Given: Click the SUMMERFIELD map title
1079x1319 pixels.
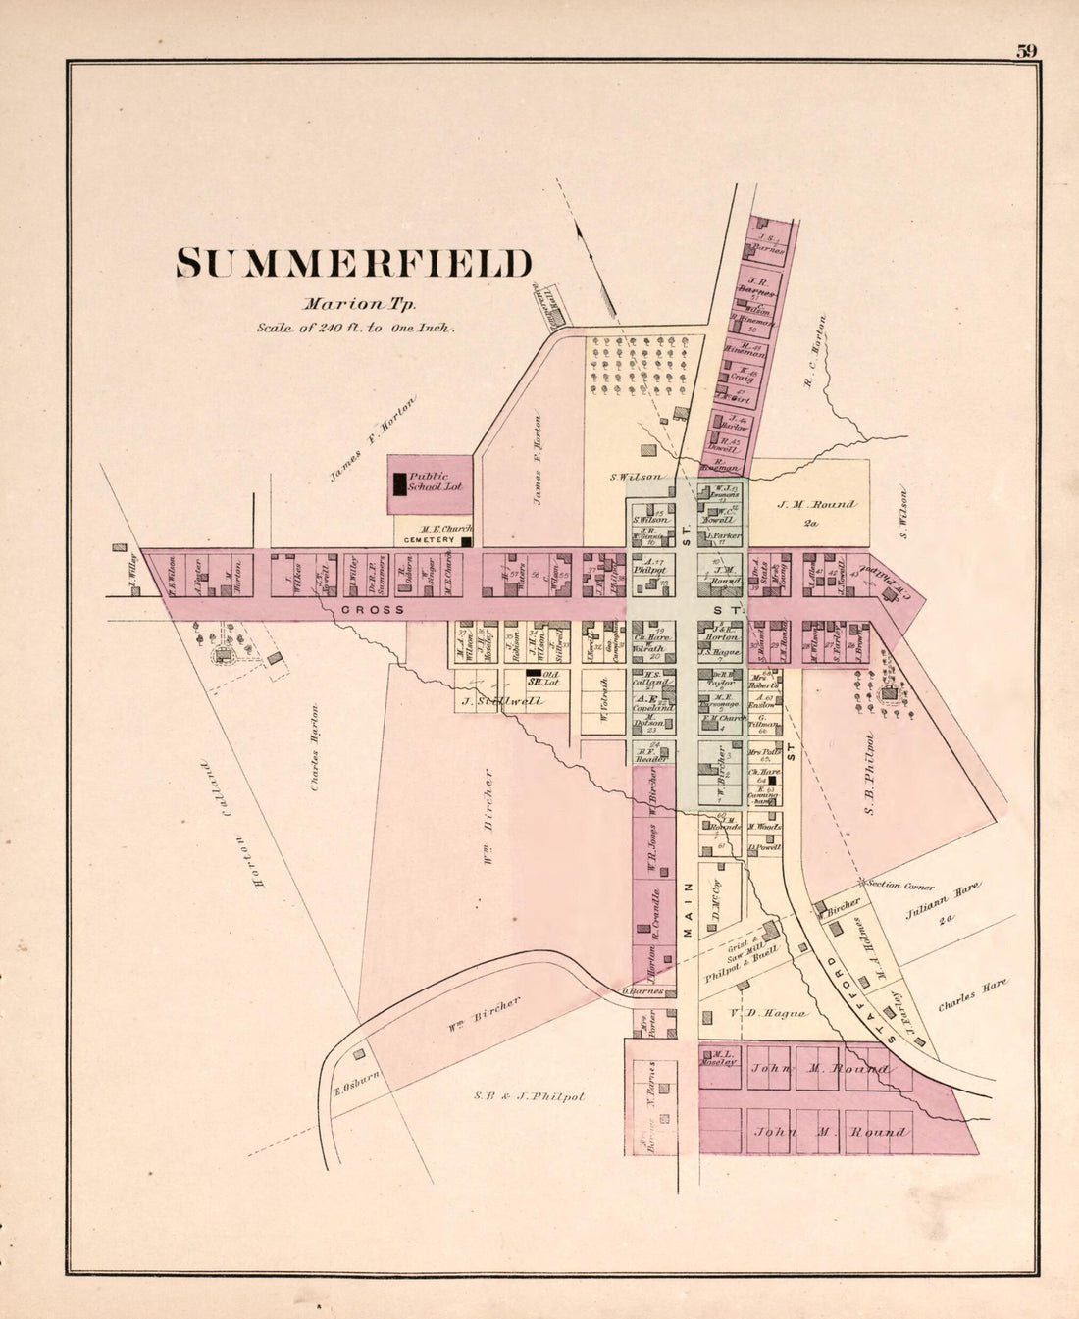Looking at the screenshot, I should click(x=354, y=264).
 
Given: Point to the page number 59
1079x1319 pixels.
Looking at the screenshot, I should click(x=1026, y=52).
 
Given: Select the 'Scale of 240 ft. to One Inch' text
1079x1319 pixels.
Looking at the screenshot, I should click(x=355, y=329).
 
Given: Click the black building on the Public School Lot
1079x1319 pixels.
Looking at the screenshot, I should click(x=399, y=483).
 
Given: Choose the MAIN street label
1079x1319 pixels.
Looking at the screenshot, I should click(x=687, y=910).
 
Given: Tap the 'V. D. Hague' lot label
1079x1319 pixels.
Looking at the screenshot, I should click(x=768, y=1013).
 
